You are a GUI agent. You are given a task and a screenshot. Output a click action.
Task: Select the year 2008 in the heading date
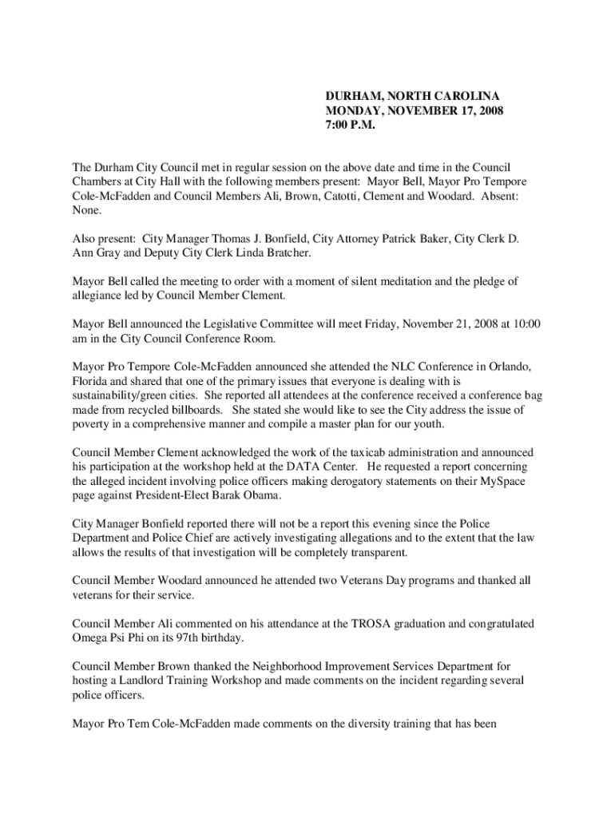click(487, 110)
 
